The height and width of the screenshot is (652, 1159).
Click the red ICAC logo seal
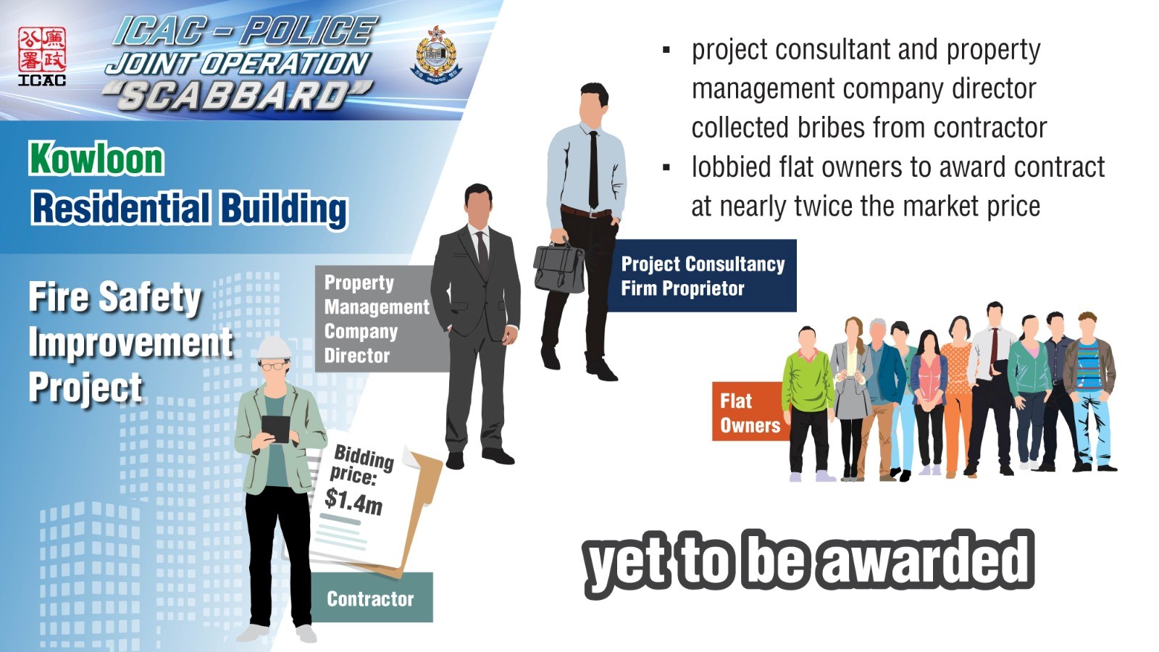[42, 50]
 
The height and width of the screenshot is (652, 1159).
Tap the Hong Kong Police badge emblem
[436, 53]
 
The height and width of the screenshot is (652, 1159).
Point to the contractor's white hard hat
[275, 348]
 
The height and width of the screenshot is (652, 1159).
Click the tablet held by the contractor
[275, 428]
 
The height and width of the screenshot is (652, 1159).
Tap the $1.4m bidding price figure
[354, 501]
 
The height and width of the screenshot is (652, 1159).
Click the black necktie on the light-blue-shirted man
[593, 170]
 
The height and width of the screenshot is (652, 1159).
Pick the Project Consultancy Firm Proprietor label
[702, 275]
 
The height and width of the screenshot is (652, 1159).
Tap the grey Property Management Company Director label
[377, 319]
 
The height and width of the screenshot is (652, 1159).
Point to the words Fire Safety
[115, 298]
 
